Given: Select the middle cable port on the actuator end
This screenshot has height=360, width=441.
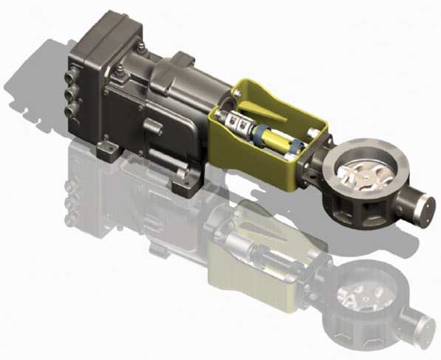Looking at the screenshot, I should (73, 95).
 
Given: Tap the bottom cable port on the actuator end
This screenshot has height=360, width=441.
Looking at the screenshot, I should (73, 110).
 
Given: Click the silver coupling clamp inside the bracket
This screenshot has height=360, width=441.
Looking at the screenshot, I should (237, 123).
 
